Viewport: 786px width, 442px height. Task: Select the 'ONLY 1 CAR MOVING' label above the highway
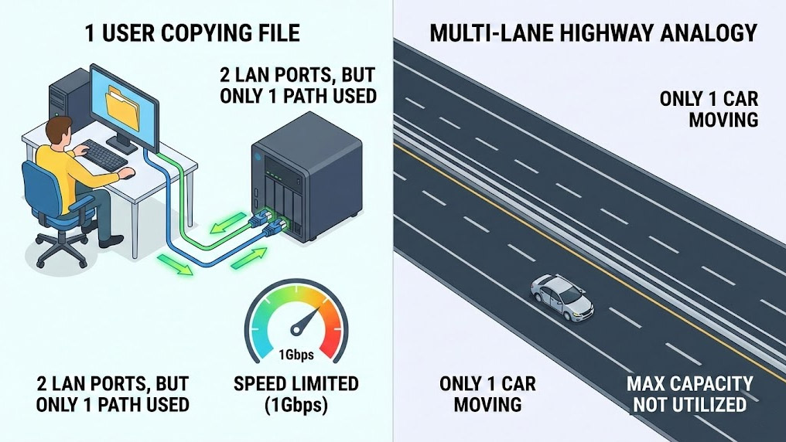(x=709, y=110)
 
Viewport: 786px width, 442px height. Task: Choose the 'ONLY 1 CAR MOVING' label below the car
(x=487, y=394)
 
